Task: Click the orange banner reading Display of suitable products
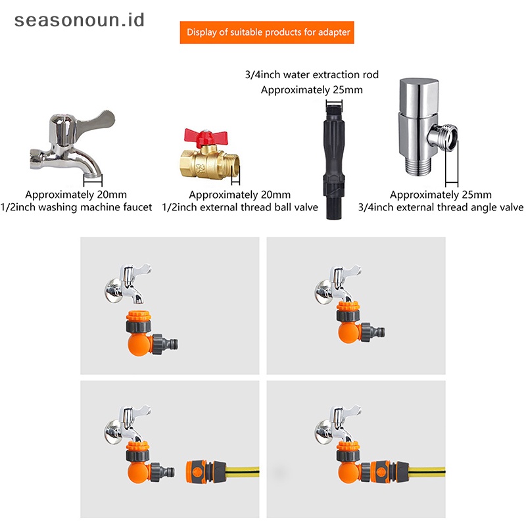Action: pos(267,32)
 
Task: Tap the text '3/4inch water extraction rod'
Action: pos(312,75)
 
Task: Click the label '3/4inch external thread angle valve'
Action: pos(441,207)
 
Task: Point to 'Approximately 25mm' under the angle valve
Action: pos(441,195)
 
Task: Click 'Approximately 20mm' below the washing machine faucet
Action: pos(76,195)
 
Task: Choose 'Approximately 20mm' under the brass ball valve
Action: pos(240,195)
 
